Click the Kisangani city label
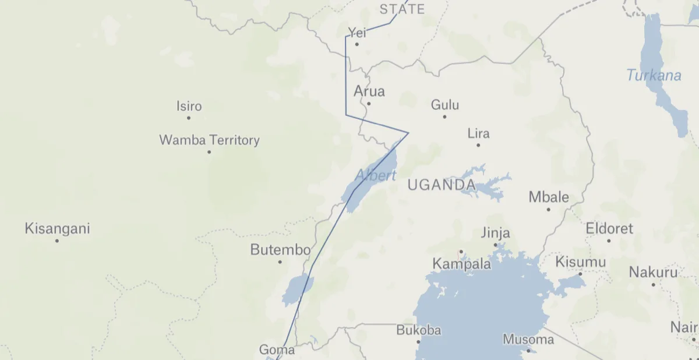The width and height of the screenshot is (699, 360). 57,228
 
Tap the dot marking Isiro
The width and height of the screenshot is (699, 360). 189,118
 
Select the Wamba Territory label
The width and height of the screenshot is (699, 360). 209,140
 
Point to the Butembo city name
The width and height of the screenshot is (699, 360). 280,250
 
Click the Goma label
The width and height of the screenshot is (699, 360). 277,350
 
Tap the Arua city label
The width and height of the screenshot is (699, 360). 369,91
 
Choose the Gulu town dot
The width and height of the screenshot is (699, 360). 444,117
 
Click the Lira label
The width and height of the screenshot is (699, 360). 478,133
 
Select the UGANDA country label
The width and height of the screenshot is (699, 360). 441,185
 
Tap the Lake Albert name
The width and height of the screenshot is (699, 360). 376,175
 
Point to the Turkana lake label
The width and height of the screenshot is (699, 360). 654,75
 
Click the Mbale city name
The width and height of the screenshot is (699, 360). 549,197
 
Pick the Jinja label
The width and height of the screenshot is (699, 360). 495,233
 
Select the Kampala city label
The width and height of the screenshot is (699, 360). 461,264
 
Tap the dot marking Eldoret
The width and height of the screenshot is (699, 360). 609,241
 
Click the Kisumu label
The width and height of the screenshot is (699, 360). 581,262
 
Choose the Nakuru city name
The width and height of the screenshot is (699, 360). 653,272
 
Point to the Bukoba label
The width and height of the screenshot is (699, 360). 418,330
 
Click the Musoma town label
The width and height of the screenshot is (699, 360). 528,339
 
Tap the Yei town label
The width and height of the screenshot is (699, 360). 356,33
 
